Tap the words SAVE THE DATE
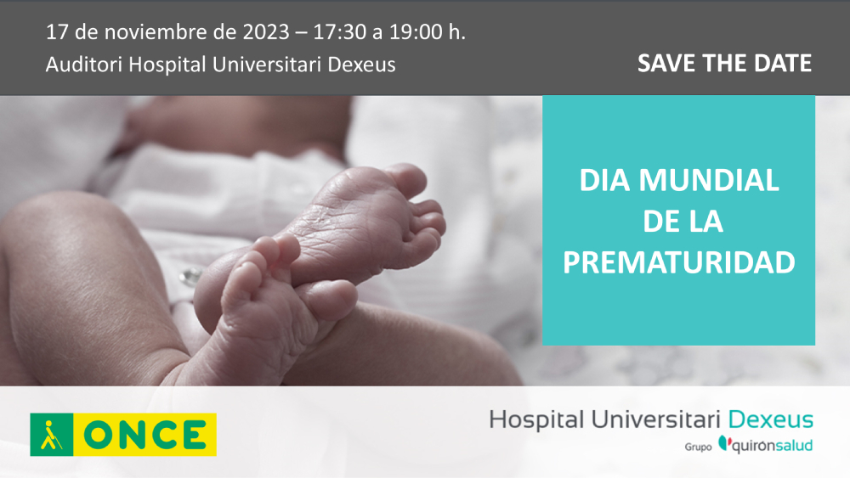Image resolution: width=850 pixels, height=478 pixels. [724, 64]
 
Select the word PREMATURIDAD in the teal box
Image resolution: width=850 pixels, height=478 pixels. [678, 262]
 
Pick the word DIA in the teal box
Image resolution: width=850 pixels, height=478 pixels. [604, 180]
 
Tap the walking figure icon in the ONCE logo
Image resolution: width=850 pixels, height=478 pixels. [52, 435]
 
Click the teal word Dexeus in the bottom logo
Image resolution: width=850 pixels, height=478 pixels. [771, 419]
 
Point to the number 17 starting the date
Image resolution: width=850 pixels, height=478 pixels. [56, 33]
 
